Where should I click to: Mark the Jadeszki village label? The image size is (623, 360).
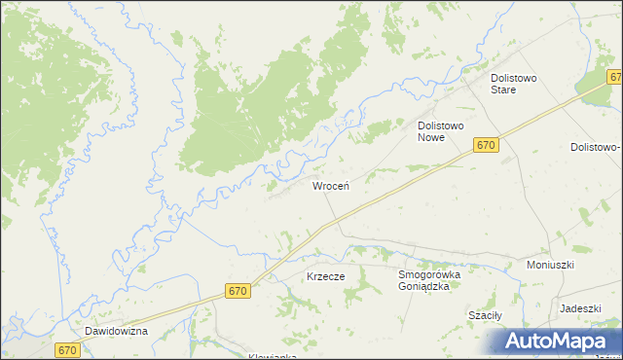[579, 307]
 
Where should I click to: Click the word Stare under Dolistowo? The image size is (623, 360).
[515, 90]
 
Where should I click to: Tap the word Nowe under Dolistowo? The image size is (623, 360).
[431, 138]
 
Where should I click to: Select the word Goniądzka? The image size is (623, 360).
[428, 287]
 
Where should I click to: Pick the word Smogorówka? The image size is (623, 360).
[428, 274]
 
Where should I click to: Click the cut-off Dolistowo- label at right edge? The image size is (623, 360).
[595, 147]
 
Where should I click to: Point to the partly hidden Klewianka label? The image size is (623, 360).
[273, 355]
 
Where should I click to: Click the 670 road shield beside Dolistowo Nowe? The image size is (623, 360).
[487, 145]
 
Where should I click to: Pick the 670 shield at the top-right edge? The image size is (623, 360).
[615, 77]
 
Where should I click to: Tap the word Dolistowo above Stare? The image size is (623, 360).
[515, 77]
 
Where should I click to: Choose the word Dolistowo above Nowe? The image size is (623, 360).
[445, 126]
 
